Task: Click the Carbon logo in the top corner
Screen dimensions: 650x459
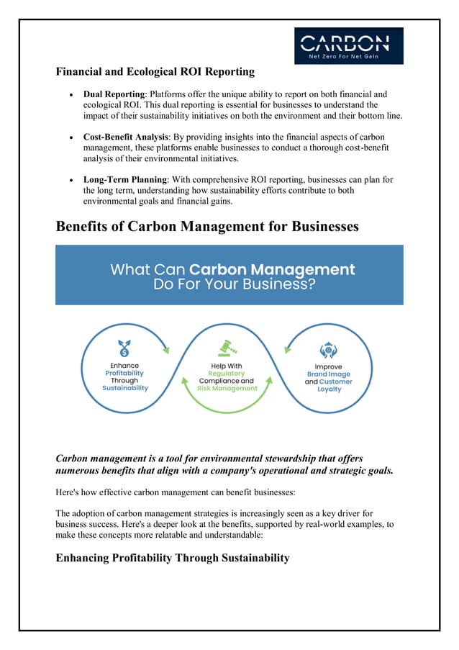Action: point(348,45)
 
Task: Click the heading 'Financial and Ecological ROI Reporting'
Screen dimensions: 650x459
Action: point(155,71)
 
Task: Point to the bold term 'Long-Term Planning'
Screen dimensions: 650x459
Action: point(125,179)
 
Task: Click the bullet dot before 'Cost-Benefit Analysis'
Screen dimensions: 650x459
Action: point(71,137)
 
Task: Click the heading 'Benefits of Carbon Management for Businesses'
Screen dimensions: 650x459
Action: point(207,226)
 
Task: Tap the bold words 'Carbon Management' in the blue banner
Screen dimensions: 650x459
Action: point(272,270)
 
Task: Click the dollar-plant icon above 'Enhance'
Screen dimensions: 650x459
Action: point(124,348)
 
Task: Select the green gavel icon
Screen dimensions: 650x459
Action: point(227,348)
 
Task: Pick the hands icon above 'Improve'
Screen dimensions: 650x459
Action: point(328,349)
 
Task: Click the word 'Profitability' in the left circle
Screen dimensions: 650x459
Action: point(124,373)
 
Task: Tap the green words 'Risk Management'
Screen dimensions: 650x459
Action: point(227,388)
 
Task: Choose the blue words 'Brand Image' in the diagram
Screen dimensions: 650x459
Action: point(329,374)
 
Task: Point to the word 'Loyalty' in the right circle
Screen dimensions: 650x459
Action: point(329,389)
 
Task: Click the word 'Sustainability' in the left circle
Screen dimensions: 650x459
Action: point(124,388)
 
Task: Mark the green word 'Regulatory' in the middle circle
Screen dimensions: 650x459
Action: point(227,374)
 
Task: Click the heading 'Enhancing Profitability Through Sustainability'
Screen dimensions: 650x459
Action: point(173,558)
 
